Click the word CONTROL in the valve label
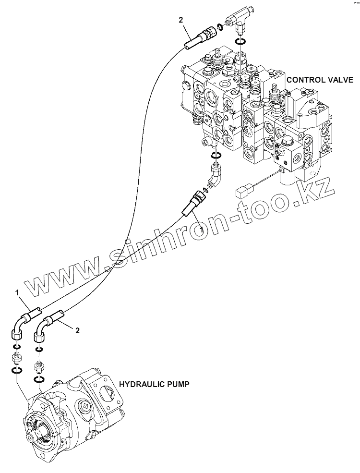[303, 79]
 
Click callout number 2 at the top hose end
[180, 20]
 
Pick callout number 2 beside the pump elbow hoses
[78, 330]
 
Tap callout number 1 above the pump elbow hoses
[16, 292]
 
